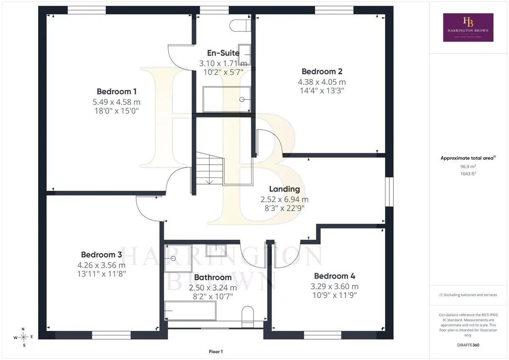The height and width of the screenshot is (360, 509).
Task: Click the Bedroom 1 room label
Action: tap(117, 92)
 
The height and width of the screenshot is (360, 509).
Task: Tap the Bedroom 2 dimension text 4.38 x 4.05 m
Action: tap(322, 82)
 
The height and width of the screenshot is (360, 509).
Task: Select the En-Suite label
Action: tap(223, 53)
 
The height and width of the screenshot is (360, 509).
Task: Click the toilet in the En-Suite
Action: tap(240, 25)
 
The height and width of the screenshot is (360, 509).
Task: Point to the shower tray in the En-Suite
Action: tap(227, 99)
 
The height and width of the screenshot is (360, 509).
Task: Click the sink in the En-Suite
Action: tap(244, 55)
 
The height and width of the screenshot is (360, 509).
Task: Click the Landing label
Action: tap(285, 189)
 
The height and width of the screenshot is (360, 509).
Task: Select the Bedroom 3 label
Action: tap(101, 254)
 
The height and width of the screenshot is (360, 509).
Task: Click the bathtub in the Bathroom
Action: tap(190, 310)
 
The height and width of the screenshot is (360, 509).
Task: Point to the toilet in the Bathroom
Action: tap(247, 317)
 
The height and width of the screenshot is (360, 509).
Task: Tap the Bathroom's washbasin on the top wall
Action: tap(216, 251)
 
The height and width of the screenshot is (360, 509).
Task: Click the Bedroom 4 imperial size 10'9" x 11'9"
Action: tap(335, 295)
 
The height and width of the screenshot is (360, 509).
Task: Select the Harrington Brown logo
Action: tap(468, 28)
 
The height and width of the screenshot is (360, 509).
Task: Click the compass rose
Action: tap(23, 337)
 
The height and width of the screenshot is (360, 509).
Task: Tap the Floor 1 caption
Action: tap(215, 352)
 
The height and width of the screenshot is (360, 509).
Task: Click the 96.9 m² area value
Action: tap(468, 166)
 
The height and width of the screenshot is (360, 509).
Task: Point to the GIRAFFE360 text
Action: tap(468, 345)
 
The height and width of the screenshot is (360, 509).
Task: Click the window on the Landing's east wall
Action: tap(389, 192)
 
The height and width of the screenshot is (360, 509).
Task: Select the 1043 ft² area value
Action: tap(468, 174)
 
